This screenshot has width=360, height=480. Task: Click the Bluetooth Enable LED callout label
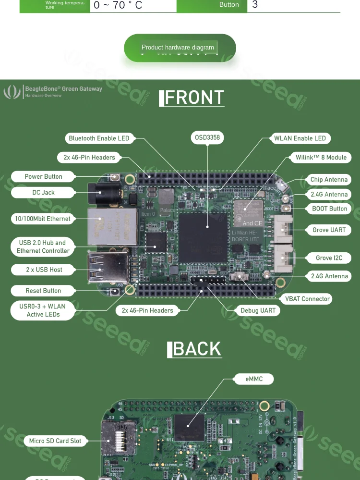coord(99,138)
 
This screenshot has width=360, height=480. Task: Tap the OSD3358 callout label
coord(207,137)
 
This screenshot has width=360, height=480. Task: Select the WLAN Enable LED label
coord(300,138)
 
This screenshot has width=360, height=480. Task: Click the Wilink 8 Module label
coord(321,158)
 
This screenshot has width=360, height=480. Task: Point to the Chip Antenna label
coord(329,180)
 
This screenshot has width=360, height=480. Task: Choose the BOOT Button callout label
coord(329,209)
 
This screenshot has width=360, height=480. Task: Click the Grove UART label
coord(329,230)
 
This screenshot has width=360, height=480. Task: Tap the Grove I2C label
coord(329,258)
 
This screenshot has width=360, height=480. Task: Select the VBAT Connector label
coord(307,299)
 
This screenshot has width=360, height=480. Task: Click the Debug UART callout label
coord(258,310)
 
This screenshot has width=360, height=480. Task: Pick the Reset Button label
coord(43,291)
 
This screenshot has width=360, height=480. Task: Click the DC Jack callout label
coord(43,192)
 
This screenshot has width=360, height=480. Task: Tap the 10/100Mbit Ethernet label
coord(43,219)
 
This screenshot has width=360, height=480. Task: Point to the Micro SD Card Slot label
coord(55,441)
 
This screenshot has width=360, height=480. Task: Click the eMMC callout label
coord(254,379)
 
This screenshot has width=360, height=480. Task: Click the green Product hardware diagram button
coord(180,48)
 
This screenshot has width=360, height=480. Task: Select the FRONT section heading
coord(192,98)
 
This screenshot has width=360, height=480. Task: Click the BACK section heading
coord(194,349)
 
